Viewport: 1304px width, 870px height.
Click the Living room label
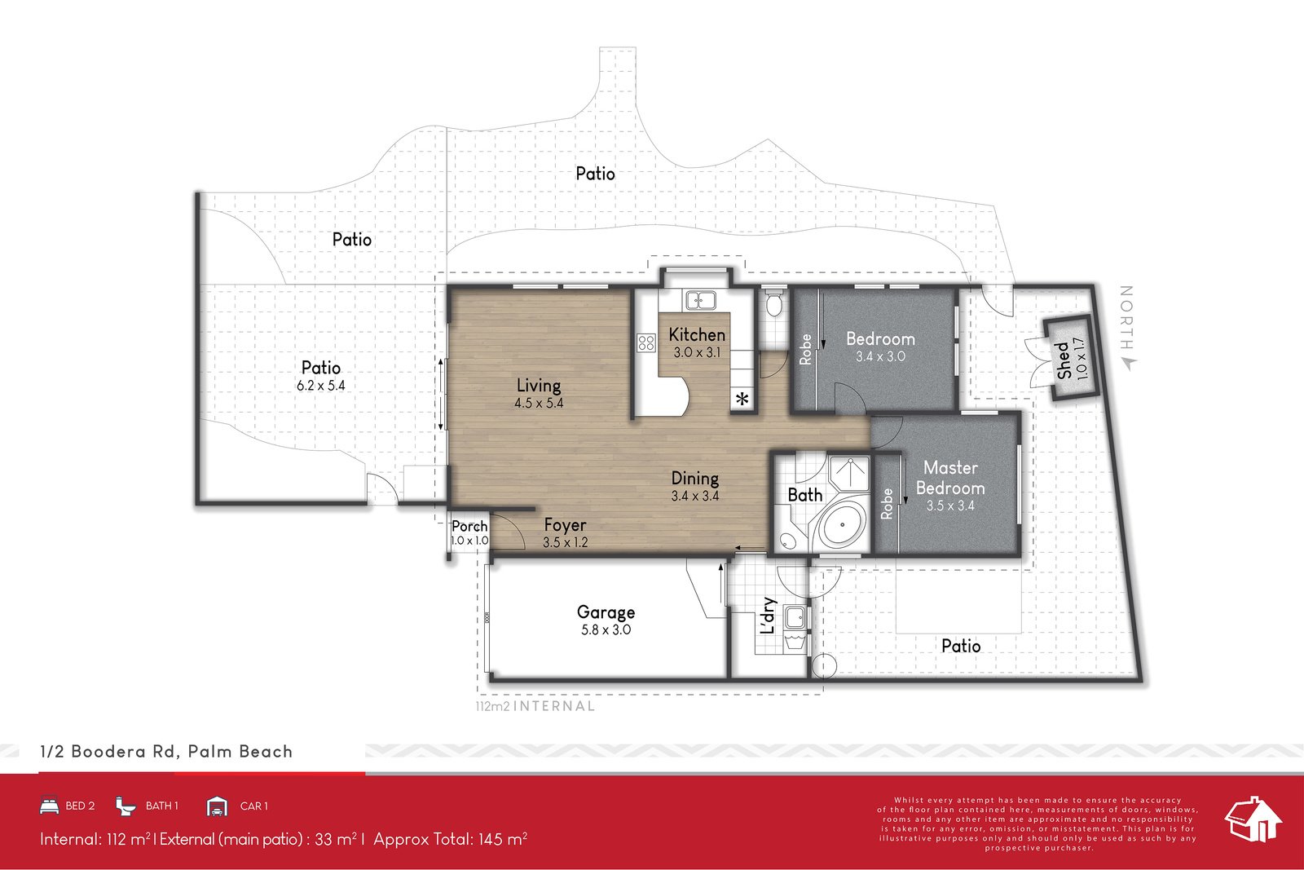tap(539, 385)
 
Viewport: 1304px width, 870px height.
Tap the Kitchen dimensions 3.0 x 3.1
tap(697, 353)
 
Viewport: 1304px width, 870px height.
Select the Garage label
tap(606, 612)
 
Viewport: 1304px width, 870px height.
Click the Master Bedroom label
tap(950, 478)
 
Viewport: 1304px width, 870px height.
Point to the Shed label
tap(1064, 360)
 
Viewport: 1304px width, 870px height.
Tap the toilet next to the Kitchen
tap(773, 305)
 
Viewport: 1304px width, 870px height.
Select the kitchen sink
tap(700, 300)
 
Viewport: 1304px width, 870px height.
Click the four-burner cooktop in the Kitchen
tap(646, 342)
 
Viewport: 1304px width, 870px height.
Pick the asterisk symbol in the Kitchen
tap(742, 399)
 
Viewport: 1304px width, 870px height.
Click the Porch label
tap(469, 526)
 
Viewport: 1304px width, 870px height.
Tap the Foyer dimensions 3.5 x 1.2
tap(566, 542)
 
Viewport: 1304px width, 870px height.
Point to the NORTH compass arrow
tap(1127, 364)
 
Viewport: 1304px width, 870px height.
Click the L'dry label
tap(767, 616)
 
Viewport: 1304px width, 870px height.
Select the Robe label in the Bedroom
tap(805, 349)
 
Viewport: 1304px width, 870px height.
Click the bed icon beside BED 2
tap(49, 806)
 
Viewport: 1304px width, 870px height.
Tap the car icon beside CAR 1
tap(217, 806)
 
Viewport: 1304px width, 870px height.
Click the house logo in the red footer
tap(1253, 819)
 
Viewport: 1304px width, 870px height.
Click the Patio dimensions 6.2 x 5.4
tap(321, 386)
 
